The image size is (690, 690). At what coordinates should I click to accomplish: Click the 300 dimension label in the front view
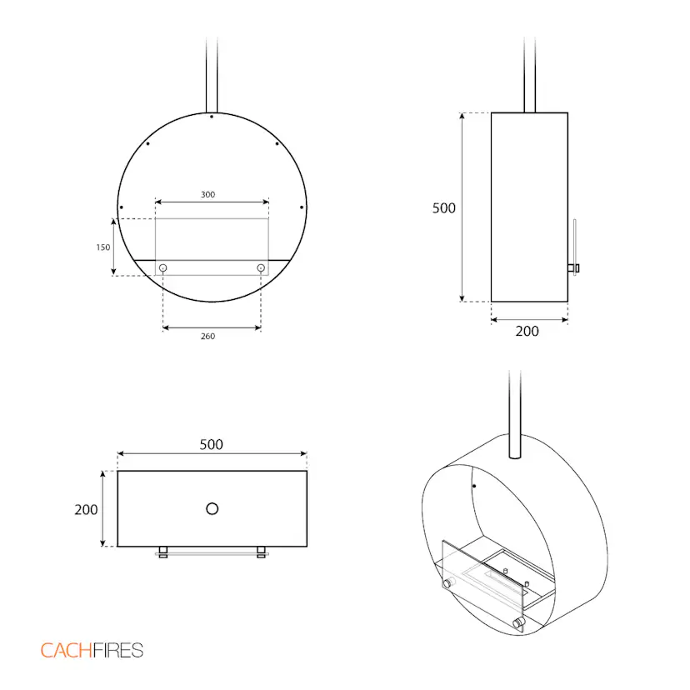coord(207,194)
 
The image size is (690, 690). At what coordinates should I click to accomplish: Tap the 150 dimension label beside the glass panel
coord(103,247)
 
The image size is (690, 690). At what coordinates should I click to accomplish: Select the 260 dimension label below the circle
coord(207,336)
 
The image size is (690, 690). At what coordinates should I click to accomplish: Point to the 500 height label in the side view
coord(443,208)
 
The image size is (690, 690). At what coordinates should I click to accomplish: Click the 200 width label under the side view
coord(527,331)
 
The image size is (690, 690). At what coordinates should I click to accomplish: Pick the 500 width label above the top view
coord(211,444)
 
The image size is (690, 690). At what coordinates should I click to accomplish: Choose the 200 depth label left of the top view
coord(86,509)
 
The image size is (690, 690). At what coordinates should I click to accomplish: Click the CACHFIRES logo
coord(92,650)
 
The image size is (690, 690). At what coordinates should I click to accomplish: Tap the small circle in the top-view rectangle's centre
coord(212,508)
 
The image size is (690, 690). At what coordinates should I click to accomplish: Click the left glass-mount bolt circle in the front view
coord(162,267)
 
